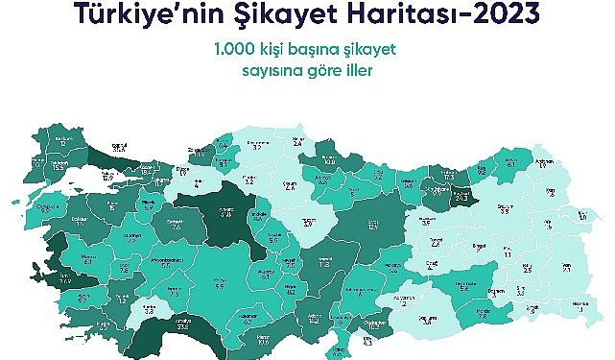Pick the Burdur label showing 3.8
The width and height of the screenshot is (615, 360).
click(x=149, y=310)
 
